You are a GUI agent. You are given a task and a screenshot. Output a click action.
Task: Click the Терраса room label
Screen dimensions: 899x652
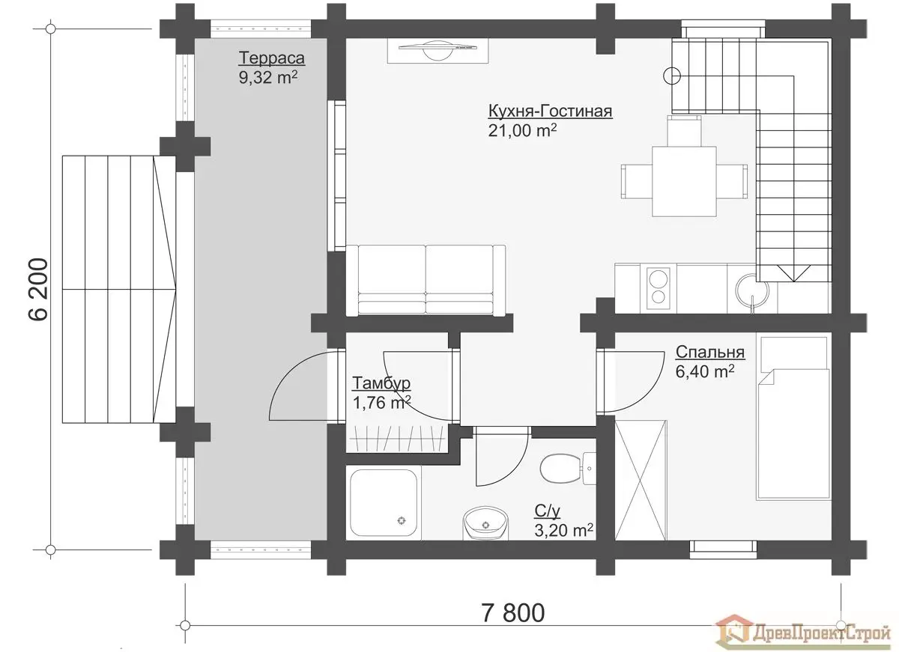(272, 58)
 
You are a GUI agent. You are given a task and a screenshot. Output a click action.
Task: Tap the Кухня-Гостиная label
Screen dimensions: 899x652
(550, 111)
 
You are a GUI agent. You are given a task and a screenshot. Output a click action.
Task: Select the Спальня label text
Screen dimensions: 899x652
(710, 352)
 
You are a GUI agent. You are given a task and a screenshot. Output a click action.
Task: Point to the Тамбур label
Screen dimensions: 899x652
(381, 383)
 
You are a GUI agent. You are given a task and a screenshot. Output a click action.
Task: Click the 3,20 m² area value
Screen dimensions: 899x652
(563, 530)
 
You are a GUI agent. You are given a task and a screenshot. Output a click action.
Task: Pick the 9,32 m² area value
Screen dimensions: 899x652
(268, 77)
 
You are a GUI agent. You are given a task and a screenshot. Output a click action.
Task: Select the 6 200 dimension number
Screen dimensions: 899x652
(39, 289)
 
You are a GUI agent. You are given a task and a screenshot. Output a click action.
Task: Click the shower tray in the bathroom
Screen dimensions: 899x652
(384, 503)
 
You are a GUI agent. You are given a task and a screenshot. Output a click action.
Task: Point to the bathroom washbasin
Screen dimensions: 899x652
(485, 523)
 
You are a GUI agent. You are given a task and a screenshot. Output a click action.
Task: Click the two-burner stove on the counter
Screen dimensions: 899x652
(659, 288)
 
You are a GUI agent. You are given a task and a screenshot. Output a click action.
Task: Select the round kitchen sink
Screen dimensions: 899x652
(752, 290)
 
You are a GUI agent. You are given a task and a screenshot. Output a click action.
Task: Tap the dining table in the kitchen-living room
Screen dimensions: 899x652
(684, 182)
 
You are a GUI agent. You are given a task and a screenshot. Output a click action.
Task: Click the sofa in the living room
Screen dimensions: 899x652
(426, 279)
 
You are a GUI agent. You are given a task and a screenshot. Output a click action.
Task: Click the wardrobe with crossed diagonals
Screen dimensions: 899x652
(641, 480)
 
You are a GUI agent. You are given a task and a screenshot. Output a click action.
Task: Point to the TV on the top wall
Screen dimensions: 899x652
(438, 50)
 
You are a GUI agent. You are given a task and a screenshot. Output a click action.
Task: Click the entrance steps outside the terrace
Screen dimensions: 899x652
(119, 289)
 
